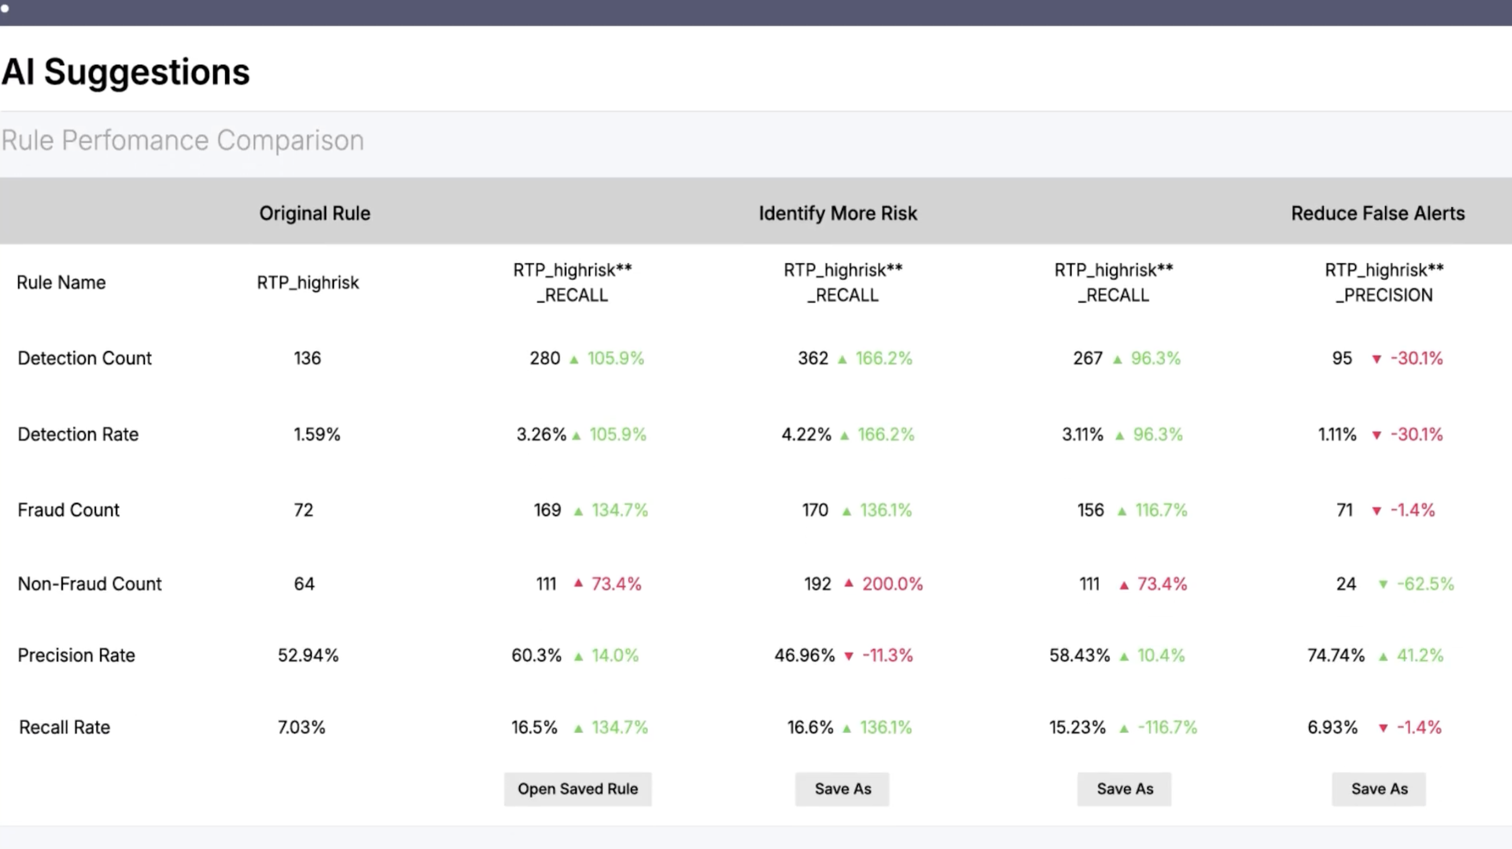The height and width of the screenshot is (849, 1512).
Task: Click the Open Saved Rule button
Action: (x=577, y=788)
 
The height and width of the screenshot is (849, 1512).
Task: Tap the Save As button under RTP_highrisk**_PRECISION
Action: (x=1379, y=788)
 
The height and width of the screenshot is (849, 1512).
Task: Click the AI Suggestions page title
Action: (x=125, y=72)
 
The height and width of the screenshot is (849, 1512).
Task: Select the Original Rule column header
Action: (x=315, y=213)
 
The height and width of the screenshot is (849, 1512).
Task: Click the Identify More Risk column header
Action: (x=838, y=213)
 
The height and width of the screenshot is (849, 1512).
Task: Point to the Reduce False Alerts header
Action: (x=1378, y=213)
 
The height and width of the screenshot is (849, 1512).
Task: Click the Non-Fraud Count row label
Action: (x=89, y=584)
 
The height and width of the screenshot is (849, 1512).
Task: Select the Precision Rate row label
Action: (x=76, y=655)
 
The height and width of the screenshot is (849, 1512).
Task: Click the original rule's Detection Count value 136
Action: (x=307, y=358)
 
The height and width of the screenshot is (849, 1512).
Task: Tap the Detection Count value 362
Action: (x=813, y=358)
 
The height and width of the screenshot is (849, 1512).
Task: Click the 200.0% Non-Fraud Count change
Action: (x=892, y=584)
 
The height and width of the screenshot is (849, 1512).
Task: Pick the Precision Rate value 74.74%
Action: (x=1336, y=655)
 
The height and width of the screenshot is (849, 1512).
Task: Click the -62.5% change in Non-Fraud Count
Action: (x=1425, y=584)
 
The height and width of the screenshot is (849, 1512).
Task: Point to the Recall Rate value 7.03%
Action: (x=301, y=728)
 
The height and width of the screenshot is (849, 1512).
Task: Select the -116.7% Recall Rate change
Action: (x=1167, y=728)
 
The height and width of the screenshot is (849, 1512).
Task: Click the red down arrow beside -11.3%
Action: (x=849, y=656)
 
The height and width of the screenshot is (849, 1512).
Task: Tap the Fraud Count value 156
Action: (x=1090, y=510)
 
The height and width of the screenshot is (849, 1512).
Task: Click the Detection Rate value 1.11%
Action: (x=1337, y=435)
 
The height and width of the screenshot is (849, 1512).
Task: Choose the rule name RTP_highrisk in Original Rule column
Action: (x=308, y=283)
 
